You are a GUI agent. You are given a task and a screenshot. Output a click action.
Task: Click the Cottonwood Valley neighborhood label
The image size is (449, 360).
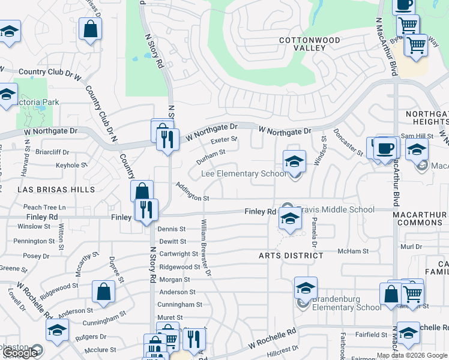click(x=310, y=44)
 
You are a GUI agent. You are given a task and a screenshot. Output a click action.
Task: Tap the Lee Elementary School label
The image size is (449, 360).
click(x=243, y=174)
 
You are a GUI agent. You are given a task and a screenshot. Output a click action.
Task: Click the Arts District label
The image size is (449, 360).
click(x=291, y=256)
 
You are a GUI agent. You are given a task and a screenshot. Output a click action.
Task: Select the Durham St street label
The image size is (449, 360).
click(x=211, y=157)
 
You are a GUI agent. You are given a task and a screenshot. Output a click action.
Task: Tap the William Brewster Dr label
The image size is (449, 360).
click(x=206, y=247)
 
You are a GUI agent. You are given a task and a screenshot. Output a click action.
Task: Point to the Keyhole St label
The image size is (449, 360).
click(x=72, y=164)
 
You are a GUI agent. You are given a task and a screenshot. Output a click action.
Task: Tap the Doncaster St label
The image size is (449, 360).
click(x=348, y=142)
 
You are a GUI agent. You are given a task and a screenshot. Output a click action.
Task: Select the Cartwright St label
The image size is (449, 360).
click(x=174, y=254)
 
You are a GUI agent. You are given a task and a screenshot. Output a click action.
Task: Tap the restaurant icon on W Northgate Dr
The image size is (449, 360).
click(x=167, y=139)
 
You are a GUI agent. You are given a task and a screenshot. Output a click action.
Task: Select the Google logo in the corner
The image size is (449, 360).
click(x=19, y=353)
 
